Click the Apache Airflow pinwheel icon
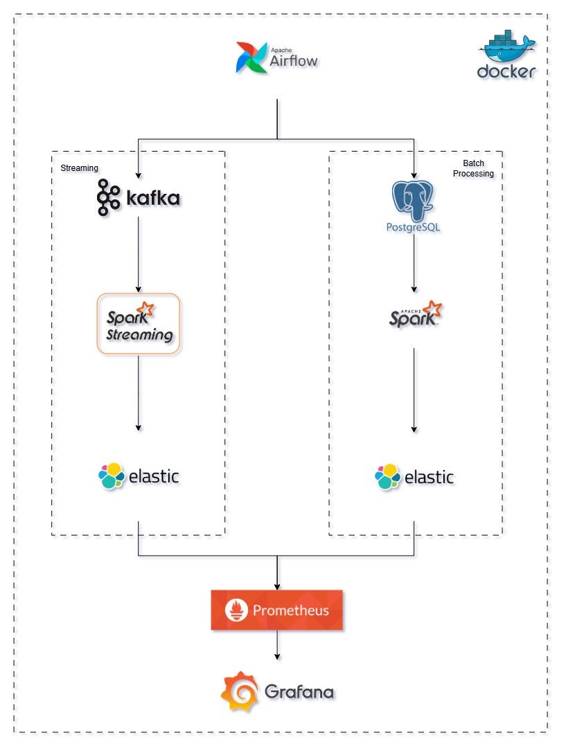pos(250,57)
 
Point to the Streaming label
pos(79,168)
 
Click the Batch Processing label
pos(473,169)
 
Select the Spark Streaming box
pos(139,324)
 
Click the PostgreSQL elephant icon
pos(414,199)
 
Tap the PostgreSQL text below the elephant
pos(414,226)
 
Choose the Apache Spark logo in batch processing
pos(414,314)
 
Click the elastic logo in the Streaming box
pos(139,477)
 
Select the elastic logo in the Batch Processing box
pos(414,477)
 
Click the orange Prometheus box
pos(276,610)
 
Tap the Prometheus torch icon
pos(236,610)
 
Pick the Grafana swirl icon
pos(239,691)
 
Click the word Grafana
pos(299,692)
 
